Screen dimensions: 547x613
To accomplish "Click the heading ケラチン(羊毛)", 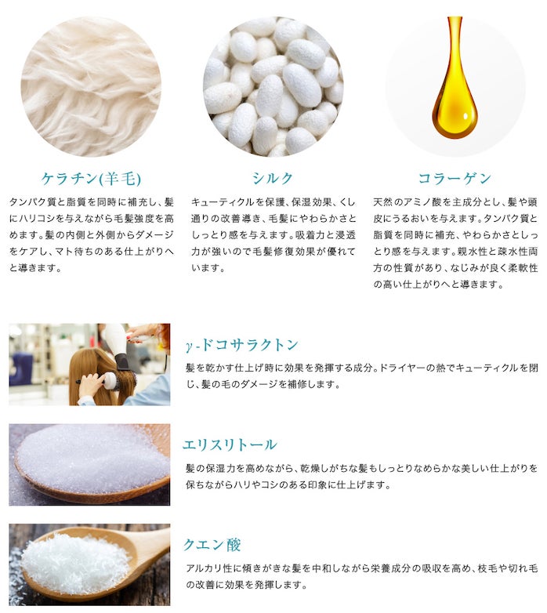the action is click(91, 179).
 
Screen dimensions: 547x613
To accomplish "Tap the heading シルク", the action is click(273, 178).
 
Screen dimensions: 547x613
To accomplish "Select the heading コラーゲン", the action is click(455, 178).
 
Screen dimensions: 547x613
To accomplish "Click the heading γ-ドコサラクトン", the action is click(242, 345).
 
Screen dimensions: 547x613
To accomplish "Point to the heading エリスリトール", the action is click(230, 444).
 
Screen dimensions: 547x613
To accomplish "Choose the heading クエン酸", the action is click(212, 545).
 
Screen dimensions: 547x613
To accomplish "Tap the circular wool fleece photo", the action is click(91, 86).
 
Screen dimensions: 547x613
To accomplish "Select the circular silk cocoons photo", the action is click(273, 86).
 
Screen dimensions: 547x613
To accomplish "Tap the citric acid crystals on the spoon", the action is click(74, 562).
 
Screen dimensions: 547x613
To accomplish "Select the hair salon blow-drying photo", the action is click(89, 365).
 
